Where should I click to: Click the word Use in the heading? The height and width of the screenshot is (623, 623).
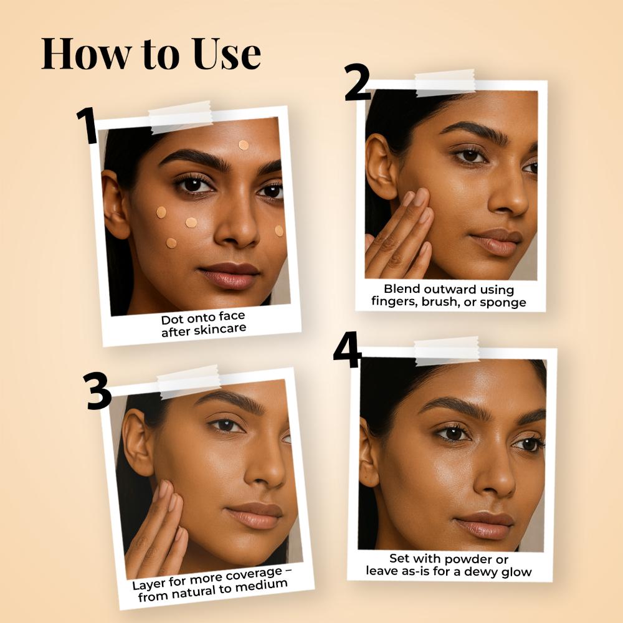pos(227,54)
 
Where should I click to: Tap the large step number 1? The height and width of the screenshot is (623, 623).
pos(87,125)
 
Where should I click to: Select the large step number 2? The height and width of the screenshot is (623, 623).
pos(357,83)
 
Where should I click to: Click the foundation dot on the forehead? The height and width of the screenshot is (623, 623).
pos(244,145)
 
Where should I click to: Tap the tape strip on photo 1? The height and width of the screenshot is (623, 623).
pos(181,117)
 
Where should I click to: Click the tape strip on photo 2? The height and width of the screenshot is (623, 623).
pos(445,83)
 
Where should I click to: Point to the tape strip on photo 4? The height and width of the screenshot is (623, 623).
pos(447,351)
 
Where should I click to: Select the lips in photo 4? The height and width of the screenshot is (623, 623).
pos(484,525)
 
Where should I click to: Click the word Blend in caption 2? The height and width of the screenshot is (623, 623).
pos(399,289)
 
